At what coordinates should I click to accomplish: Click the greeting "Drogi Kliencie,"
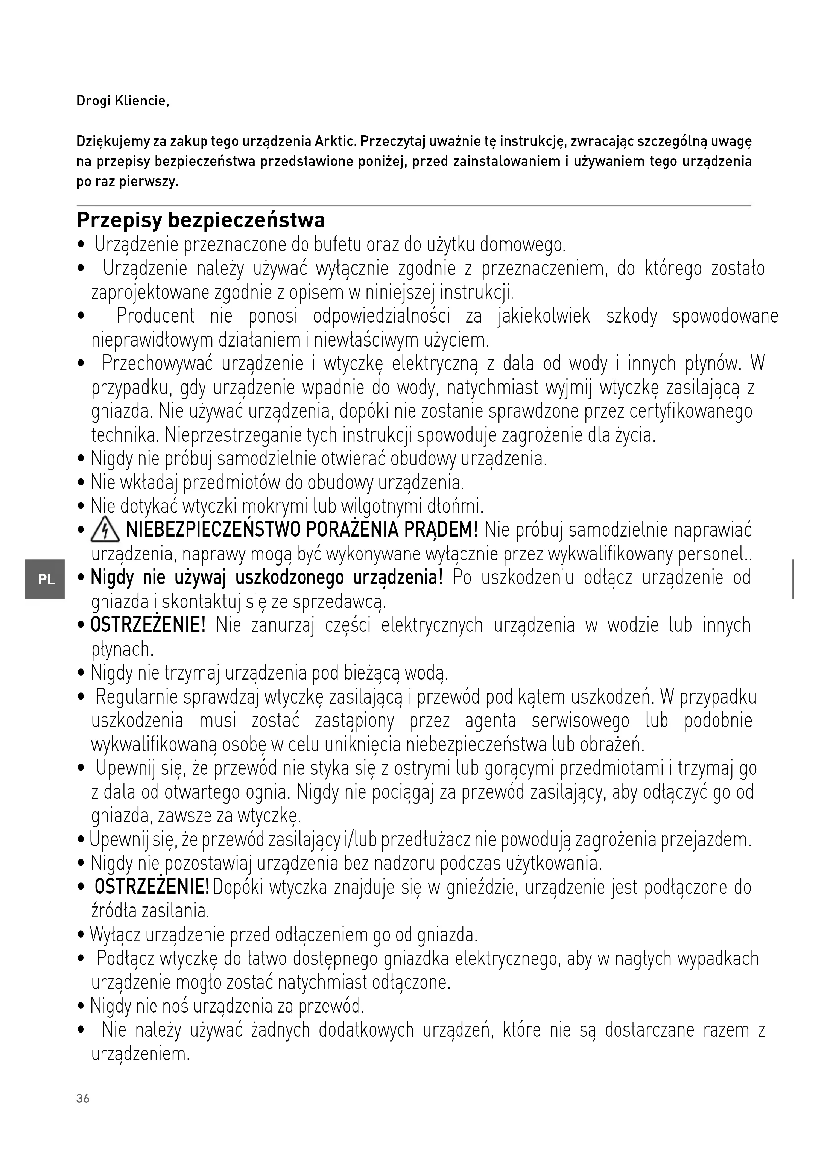[x=122, y=101]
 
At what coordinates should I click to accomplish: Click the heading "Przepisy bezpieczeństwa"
[x=201, y=220]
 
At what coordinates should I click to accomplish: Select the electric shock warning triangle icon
[x=105, y=531]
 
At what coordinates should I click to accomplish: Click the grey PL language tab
[x=46, y=579]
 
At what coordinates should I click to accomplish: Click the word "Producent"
[x=155, y=316]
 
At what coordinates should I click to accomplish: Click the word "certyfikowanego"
[x=691, y=411]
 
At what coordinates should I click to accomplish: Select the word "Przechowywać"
[x=157, y=364]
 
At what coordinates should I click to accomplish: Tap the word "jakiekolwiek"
[x=544, y=316]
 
